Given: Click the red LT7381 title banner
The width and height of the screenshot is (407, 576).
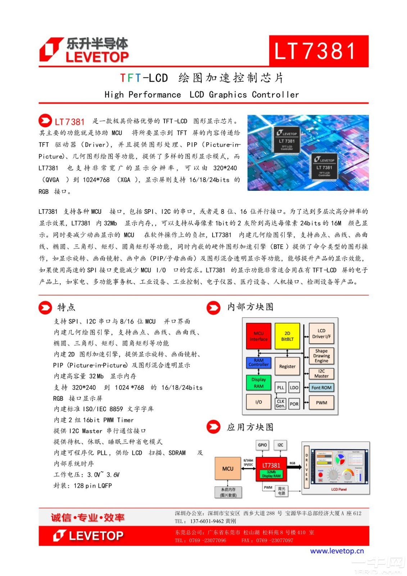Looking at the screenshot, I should pyautogui.click(x=318, y=51).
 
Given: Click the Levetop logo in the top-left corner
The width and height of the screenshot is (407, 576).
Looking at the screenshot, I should pyautogui.click(x=84, y=50).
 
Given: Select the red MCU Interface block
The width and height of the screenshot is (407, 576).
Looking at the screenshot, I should pyautogui.click(x=258, y=336).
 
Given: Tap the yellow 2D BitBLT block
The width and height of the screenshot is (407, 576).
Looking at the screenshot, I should pyautogui.click(x=287, y=336).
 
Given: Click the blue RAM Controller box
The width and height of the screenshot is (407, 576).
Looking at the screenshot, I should pyautogui.click(x=258, y=362).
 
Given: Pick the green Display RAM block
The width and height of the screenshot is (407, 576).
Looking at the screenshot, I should pyautogui.click(x=258, y=383).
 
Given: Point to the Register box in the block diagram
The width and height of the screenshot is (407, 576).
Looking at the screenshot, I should pyautogui.click(x=287, y=366).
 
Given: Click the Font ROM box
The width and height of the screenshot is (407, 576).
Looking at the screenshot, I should pyautogui.click(x=321, y=387).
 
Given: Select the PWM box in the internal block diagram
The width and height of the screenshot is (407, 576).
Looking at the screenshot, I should pyautogui.click(x=321, y=402).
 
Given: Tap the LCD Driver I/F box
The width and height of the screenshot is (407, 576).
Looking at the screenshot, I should pyautogui.click(x=321, y=333).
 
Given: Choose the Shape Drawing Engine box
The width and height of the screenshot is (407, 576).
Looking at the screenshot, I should pyautogui.click(x=321, y=356).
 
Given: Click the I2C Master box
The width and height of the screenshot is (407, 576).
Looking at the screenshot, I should pyautogui.click(x=321, y=373).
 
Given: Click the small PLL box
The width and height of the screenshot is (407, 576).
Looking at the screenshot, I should pyautogui.click(x=280, y=387).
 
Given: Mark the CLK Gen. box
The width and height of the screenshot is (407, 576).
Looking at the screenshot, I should pyautogui.click(x=280, y=403).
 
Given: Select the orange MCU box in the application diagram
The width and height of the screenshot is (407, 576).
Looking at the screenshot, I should pyautogui.click(x=228, y=468).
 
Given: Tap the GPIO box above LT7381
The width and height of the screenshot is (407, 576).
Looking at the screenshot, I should pyautogui.click(x=262, y=445).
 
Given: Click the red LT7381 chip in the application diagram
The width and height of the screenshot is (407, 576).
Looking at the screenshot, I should pyautogui.click(x=271, y=469).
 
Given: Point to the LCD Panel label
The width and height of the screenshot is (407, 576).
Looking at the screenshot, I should pyautogui.click(x=339, y=489).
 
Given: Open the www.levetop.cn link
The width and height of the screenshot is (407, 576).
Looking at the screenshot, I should pyautogui.click(x=337, y=551).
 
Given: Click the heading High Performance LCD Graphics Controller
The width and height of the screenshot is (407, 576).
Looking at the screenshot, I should pyautogui.click(x=202, y=95).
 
